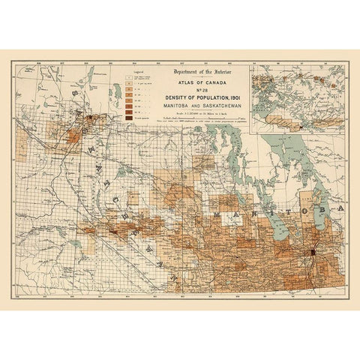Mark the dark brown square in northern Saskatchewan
click(x=89, y=118)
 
